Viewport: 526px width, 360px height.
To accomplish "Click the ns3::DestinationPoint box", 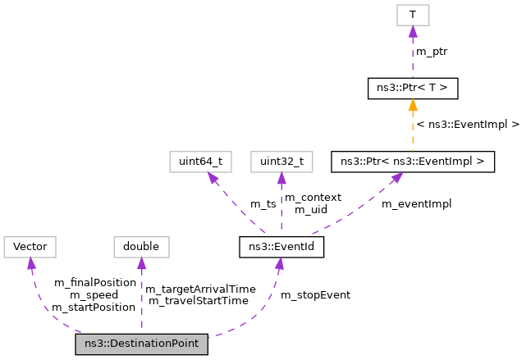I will coord(141,344).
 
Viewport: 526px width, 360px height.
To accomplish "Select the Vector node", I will coord(30,245).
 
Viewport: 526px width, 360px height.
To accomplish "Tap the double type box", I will coord(141,245).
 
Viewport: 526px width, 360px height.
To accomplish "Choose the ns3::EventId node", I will coord(281,245).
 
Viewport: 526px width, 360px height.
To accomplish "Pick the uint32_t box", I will coord(281,162).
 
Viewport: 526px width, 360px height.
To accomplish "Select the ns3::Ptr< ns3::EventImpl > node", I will coord(412,162).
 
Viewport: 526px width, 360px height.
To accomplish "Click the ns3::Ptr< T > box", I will coord(412,87).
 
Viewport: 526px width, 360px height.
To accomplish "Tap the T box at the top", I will coord(412,15).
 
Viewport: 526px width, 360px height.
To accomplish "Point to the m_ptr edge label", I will coord(432,52).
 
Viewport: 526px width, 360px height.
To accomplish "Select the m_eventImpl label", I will coord(416,203).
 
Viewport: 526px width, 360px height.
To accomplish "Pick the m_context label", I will coord(312,198).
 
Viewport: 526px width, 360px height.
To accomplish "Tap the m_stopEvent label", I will coord(315,294).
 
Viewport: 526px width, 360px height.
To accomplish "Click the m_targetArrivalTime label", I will coord(200,289).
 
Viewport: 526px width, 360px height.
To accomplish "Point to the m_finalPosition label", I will coord(94,282).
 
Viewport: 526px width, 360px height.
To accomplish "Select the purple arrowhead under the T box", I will coord(412,31).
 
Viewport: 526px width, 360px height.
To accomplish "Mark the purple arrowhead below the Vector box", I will coord(31,262).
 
